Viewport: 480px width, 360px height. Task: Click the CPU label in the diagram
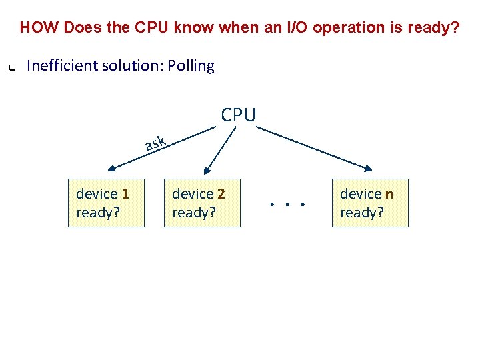[238, 115]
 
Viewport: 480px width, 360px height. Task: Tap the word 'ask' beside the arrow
[155, 142]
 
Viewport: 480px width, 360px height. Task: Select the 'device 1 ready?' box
[106, 203]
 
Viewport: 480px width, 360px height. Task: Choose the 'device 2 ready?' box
[202, 203]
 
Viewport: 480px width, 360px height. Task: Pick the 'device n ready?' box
[370, 203]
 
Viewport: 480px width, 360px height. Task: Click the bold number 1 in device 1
[125, 194]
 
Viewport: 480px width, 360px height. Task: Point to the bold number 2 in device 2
[221, 194]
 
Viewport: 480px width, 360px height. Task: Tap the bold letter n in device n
[389, 194]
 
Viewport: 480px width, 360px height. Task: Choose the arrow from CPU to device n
[313, 147]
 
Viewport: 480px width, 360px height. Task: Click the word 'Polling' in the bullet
[191, 66]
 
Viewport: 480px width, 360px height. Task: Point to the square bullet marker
[11, 67]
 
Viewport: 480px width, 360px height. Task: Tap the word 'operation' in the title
[345, 28]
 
